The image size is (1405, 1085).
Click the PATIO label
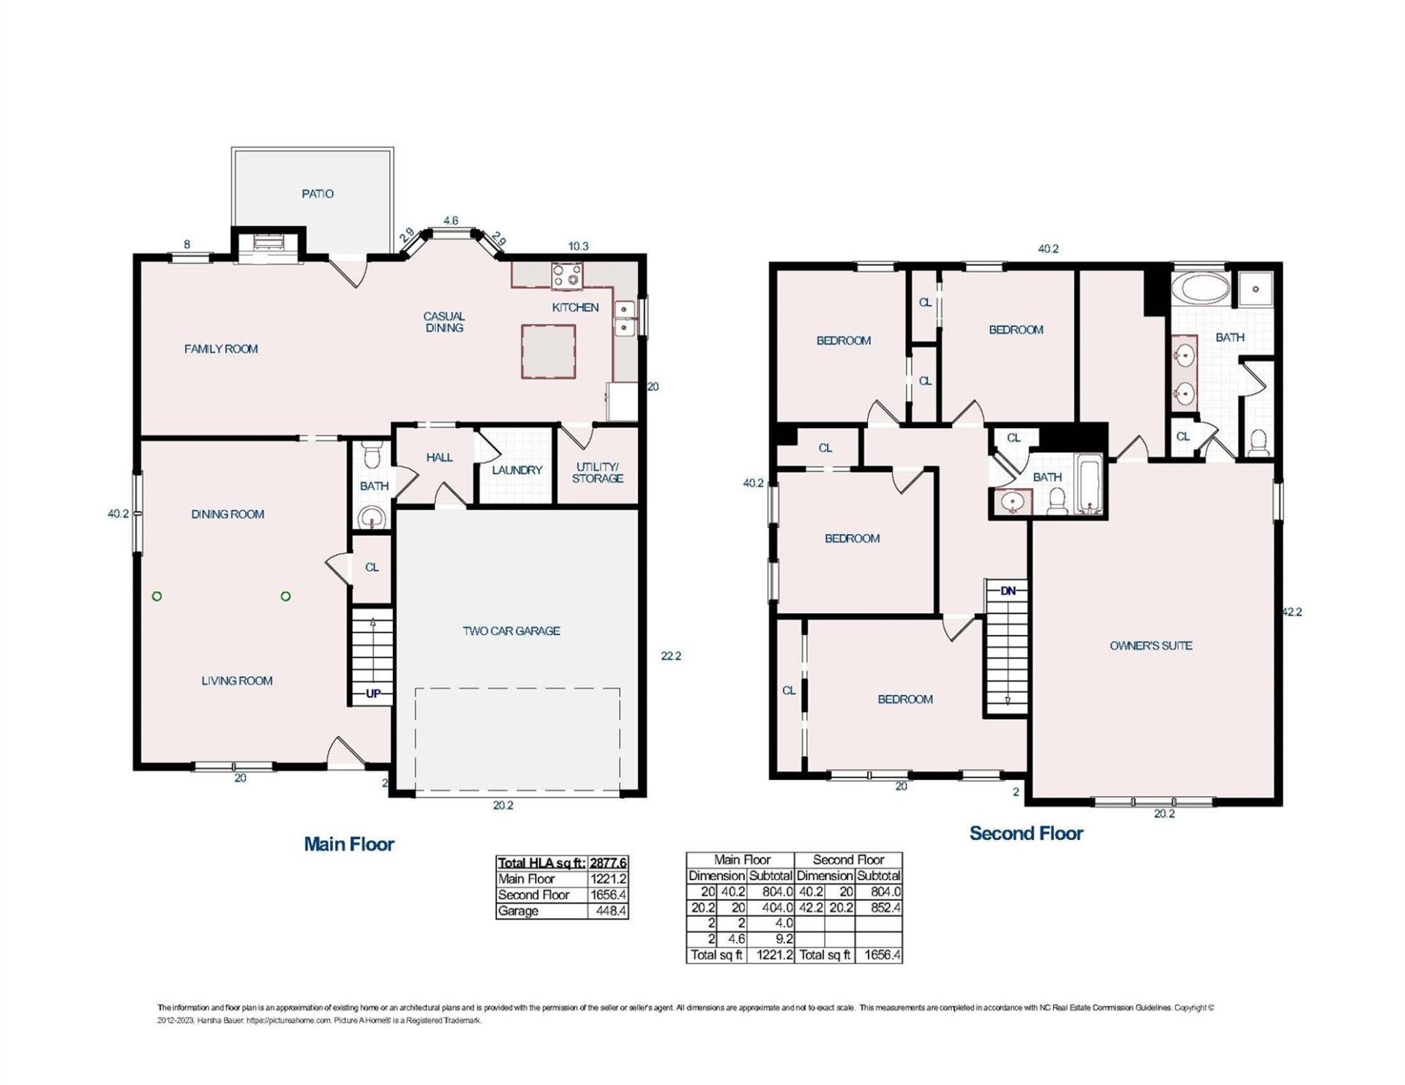[x=317, y=194]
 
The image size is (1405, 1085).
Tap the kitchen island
[x=548, y=352]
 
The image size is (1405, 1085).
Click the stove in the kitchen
[x=567, y=275]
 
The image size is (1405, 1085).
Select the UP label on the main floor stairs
[x=373, y=694]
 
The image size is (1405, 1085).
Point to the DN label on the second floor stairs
[x=1008, y=590]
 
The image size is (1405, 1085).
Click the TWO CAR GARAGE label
[x=511, y=631]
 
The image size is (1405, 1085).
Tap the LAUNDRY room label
[x=517, y=470]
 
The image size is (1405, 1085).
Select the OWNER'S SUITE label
[x=1151, y=645]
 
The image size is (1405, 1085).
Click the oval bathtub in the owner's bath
[x=1200, y=289]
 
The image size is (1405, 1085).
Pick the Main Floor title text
[x=349, y=844]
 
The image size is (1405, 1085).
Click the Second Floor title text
[x=1026, y=833]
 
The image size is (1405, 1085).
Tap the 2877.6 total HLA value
[x=608, y=863]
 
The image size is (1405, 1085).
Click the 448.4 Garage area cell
[x=608, y=911]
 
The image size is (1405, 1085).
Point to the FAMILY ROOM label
[x=221, y=349]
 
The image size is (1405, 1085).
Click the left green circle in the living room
[x=157, y=596]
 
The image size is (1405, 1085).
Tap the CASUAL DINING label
[x=443, y=322]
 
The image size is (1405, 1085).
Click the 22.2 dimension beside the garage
[x=670, y=656]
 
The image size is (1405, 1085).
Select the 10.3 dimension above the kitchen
[x=578, y=247]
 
